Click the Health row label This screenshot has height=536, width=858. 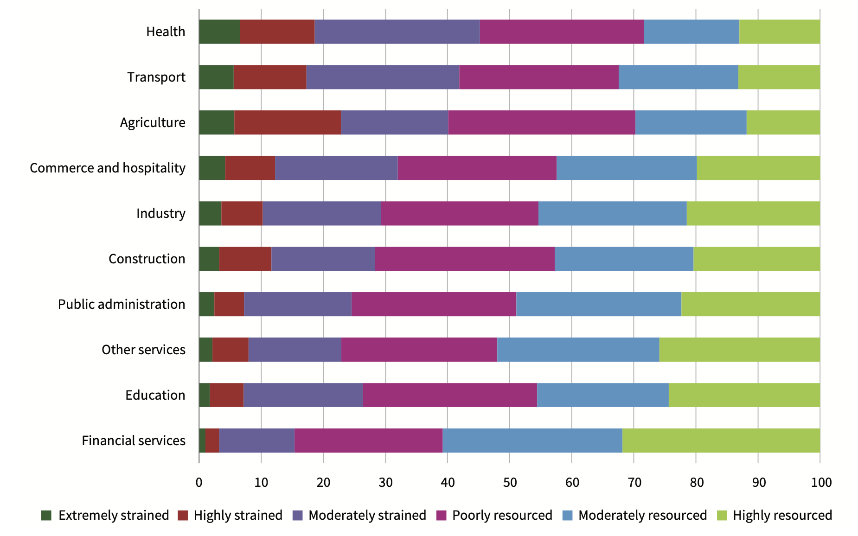pyautogui.click(x=166, y=32)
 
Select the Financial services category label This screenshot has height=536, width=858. pyautogui.click(x=134, y=440)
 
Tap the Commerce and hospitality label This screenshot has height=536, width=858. pyautogui.click(x=108, y=168)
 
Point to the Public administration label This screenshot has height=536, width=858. pyautogui.click(x=122, y=304)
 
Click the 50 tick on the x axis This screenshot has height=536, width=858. pyautogui.click(x=510, y=483)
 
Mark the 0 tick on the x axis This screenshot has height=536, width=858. pyautogui.click(x=199, y=483)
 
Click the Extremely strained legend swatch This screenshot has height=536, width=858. pyautogui.click(x=46, y=516)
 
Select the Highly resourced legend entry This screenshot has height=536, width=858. pyautogui.click(x=775, y=516)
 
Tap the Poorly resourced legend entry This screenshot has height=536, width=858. pyautogui.click(x=494, y=516)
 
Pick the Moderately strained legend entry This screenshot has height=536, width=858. pyautogui.click(x=359, y=516)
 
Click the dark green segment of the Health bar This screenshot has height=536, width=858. pyautogui.click(x=219, y=32)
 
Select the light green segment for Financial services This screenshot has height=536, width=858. pyautogui.click(x=721, y=440)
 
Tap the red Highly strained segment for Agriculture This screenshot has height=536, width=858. pyautogui.click(x=288, y=122)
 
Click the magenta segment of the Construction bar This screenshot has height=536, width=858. pyautogui.click(x=465, y=259)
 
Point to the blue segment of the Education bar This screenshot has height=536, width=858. pyautogui.click(x=603, y=395)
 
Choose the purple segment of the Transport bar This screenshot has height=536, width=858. pyautogui.click(x=383, y=77)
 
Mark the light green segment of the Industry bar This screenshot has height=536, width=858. pyautogui.click(x=753, y=213)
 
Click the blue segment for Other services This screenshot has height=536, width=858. pyautogui.click(x=578, y=350)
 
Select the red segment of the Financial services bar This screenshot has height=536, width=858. pyautogui.click(x=212, y=440)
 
